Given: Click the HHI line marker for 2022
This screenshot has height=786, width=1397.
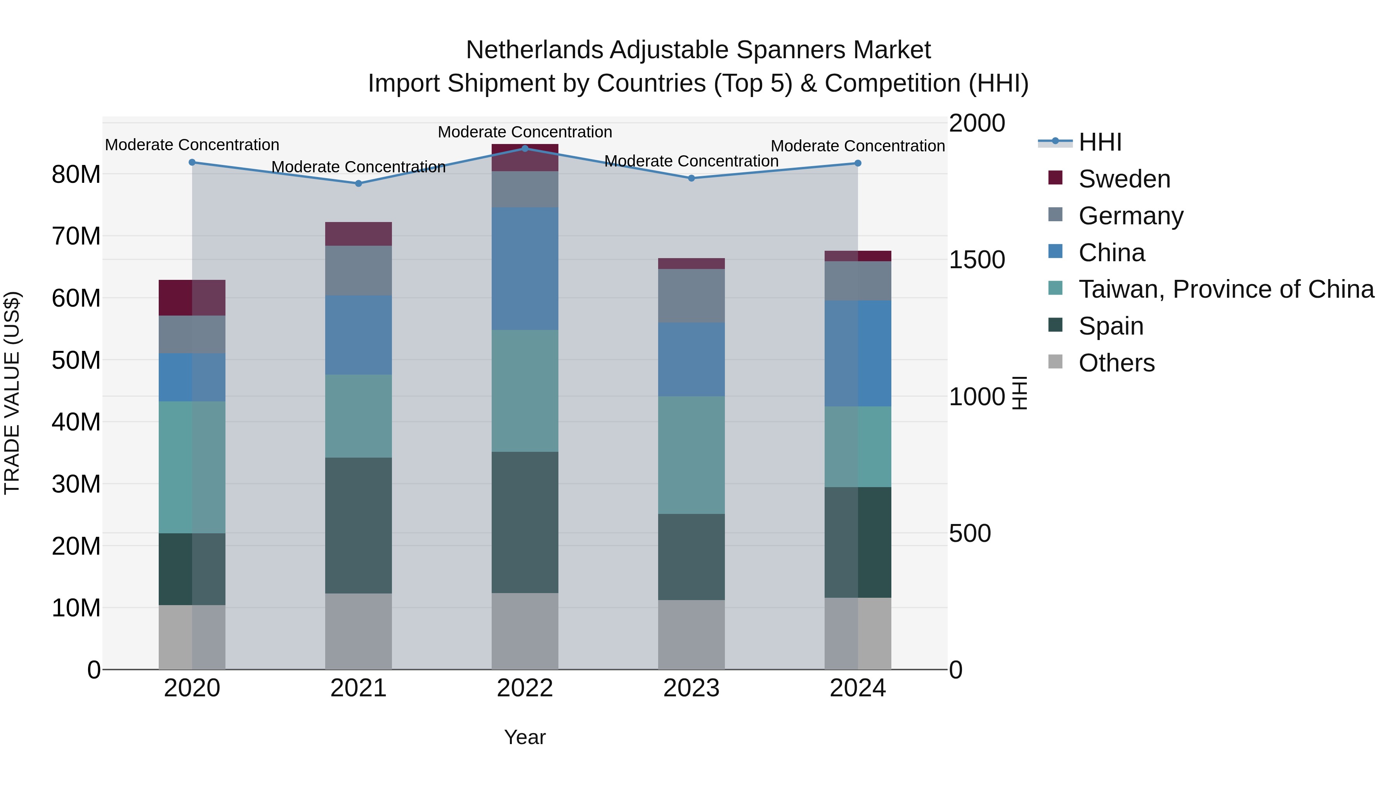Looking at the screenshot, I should [524, 148].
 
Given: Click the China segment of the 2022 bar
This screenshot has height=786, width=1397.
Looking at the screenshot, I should [524, 269].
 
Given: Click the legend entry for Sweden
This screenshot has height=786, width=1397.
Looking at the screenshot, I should [1124, 179].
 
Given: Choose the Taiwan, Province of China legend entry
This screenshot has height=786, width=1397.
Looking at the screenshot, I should [1225, 289].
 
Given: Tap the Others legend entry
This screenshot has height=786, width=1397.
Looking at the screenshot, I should [1116, 363].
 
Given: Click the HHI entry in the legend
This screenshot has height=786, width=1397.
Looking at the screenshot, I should [1100, 142].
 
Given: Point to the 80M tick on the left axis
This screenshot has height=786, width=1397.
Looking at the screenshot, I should [76, 174].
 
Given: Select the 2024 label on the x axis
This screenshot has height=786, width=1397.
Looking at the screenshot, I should [857, 688].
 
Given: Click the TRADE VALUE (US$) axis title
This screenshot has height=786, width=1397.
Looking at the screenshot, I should [12, 393].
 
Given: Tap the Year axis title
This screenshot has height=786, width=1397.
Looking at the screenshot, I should [524, 737].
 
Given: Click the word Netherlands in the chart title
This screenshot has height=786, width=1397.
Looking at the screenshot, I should [534, 50].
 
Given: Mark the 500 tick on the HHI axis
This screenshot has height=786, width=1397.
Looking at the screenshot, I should [970, 533].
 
